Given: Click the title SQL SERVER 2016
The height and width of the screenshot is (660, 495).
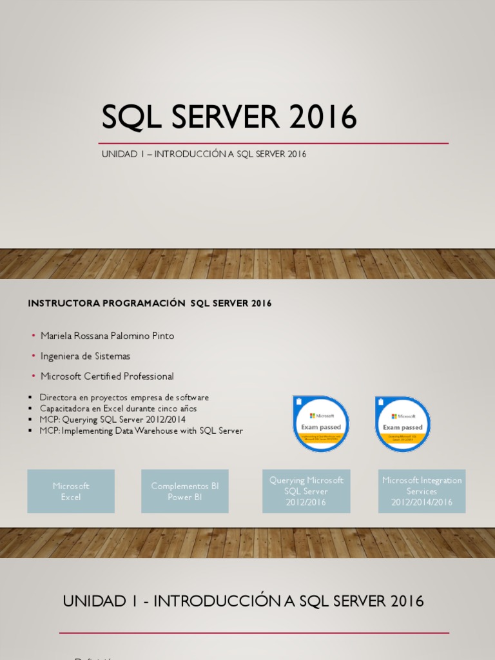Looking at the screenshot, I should (229, 117).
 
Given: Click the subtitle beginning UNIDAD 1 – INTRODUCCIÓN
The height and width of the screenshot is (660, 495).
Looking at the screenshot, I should (204, 154).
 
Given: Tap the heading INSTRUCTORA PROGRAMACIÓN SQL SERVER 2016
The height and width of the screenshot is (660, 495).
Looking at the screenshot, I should (150, 304).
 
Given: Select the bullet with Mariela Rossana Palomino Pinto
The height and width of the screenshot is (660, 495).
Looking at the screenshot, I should (107, 336).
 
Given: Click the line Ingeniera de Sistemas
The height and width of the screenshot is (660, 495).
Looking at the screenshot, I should (85, 356).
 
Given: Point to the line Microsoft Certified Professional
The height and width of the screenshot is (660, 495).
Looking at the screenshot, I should (107, 376).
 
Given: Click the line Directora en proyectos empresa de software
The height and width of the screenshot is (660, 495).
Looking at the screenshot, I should (124, 398).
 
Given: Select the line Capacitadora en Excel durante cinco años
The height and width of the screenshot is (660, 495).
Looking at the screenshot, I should (118, 409).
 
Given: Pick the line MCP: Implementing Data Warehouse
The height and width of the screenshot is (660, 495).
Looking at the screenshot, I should (141, 431).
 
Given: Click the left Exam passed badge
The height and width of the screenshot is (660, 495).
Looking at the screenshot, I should (321, 424).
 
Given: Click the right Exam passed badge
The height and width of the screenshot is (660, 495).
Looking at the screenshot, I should (403, 424).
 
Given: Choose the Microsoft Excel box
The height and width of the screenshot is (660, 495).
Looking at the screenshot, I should (71, 491).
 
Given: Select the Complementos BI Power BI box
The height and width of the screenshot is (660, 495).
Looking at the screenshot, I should (185, 491).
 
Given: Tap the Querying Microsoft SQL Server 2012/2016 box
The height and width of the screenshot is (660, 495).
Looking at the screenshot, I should (307, 491).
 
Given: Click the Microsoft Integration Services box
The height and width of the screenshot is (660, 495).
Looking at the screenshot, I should (422, 491).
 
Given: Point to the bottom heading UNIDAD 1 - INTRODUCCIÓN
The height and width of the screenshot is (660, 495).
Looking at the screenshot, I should (244, 601).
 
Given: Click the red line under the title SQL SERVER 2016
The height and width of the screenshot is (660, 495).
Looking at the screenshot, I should (273, 143).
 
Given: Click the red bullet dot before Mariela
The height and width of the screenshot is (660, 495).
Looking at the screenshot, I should (34, 336).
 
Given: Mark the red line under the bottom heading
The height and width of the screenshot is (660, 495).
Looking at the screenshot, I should (254, 633).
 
